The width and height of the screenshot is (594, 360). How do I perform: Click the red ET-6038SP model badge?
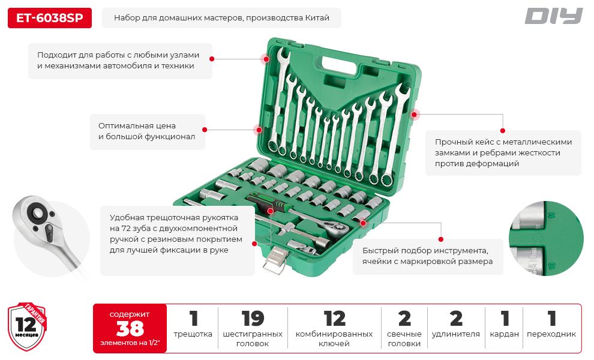(x=50, y=18)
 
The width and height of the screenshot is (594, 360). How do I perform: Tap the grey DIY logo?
(x=553, y=16)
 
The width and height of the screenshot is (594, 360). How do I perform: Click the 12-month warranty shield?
(x=27, y=326)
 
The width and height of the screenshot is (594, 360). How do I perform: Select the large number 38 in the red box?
(x=130, y=328)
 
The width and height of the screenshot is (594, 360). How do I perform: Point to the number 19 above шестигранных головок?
(x=252, y=319)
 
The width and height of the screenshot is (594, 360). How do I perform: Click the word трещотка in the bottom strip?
(x=193, y=334)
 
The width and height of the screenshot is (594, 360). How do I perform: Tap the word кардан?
(x=504, y=334)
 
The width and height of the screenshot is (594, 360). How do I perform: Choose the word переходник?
(x=551, y=334)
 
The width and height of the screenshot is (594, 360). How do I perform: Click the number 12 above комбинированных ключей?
(x=334, y=319)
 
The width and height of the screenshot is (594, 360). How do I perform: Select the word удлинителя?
(x=456, y=334)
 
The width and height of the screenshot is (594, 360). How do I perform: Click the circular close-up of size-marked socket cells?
(x=545, y=239)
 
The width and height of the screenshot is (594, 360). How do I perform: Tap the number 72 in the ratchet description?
(x=126, y=229)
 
